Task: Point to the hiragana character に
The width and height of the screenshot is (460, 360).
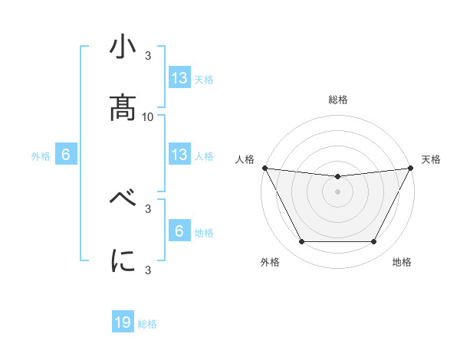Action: click(x=123, y=260)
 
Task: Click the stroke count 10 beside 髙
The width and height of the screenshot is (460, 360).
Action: click(x=148, y=116)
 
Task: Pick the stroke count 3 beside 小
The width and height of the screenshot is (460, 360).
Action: click(x=148, y=56)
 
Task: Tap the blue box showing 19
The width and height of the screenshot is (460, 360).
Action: click(x=123, y=322)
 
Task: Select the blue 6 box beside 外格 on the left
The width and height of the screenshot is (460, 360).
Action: click(x=66, y=155)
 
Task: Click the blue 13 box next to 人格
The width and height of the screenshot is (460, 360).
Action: click(x=179, y=155)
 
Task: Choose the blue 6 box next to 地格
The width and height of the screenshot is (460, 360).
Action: click(x=179, y=231)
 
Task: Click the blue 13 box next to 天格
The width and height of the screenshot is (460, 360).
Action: click(x=179, y=77)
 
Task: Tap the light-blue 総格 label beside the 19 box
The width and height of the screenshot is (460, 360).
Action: click(x=147, y=324)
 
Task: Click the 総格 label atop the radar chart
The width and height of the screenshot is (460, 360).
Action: click(x=337, y=100)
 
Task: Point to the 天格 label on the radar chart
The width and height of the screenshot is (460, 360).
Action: click(x=432, y=159)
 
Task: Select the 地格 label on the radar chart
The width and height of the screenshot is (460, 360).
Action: click(x=402, y=262)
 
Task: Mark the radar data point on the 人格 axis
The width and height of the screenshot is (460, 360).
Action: click(x=264, y=168)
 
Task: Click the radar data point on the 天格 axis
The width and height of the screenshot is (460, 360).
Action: click(x=410, y=168)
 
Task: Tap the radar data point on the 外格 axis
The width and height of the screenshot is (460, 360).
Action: click(x=301, y=242)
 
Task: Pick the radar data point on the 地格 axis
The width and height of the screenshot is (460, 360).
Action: click(x=374, y=242)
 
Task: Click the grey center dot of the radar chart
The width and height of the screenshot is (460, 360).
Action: click(x=337, y=191)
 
